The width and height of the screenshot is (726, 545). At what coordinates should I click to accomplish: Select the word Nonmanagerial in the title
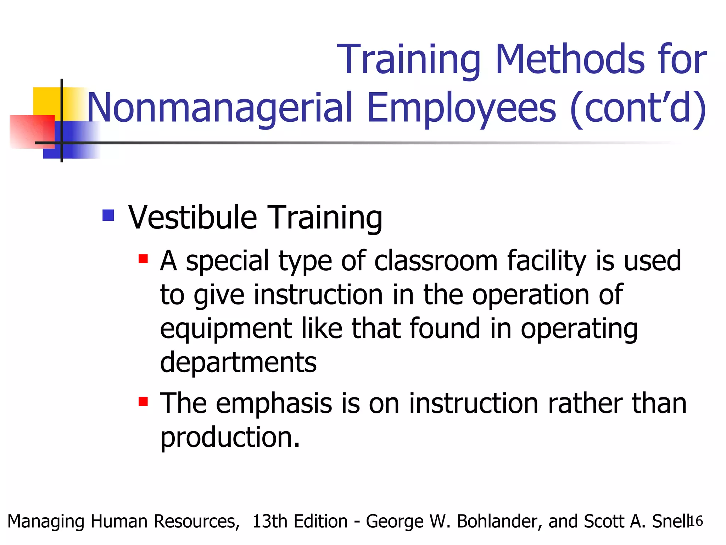click(220, 108)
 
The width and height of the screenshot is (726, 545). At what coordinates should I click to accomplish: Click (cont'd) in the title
click(638, 108)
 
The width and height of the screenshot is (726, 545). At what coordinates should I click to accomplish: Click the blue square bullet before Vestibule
click(108, 215)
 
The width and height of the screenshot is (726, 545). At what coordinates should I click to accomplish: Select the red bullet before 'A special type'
click(143, 259)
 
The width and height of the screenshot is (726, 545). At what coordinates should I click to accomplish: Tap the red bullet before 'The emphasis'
click(143, 401)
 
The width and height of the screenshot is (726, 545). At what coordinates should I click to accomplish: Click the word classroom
click(436, 261)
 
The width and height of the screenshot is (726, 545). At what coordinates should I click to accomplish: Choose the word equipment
click(226, 329)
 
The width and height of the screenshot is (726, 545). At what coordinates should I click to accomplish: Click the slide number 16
click(696, 521)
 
